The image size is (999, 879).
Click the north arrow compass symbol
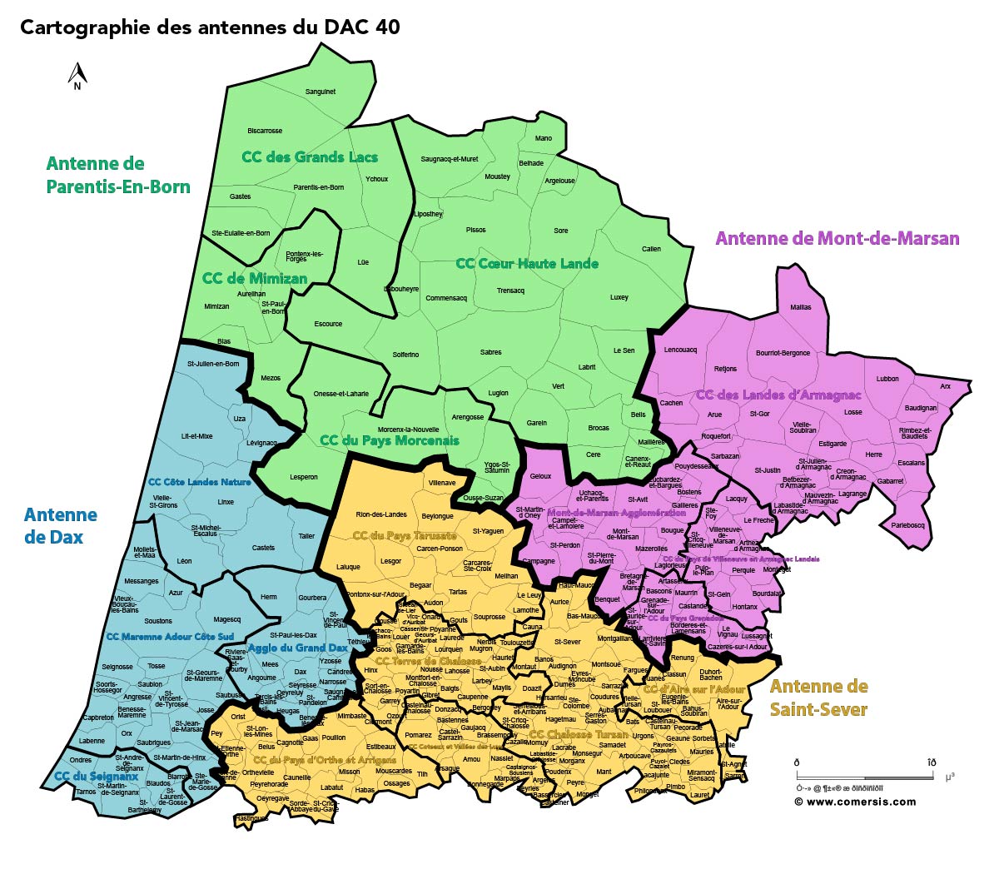point(77,76)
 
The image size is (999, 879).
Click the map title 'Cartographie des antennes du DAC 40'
point(210,27)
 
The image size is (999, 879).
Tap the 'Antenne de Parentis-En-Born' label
point(118,175)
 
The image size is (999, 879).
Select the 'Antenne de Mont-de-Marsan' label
point(837,239)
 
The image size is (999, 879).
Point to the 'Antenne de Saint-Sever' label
point(818,698)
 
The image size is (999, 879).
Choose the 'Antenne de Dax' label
point(60,526)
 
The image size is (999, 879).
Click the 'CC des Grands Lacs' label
point(310,156)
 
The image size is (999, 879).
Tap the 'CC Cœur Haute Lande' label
point(527,264)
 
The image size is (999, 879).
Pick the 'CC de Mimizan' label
point(255,278)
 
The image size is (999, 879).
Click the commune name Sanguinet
point(321,92)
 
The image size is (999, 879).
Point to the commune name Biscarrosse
point(265,131)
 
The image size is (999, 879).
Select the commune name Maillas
point(800,307)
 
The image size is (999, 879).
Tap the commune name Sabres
point(490,352)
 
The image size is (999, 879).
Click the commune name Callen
point(651,249)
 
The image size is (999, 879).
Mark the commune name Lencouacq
point(680,350)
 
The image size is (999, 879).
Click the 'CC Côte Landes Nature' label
point(199,482)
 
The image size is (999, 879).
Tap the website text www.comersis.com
point(856,802)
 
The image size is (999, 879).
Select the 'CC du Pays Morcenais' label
point(389,440)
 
